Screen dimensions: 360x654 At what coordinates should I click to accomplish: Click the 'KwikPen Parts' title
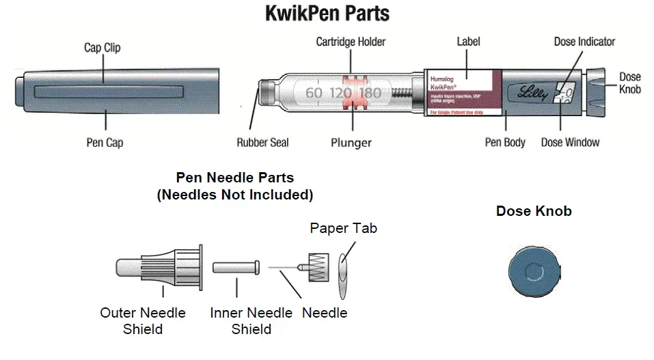(327, 14)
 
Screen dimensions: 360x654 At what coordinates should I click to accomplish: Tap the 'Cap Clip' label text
(105, 47)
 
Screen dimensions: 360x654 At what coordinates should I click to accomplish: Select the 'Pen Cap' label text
(105, 143)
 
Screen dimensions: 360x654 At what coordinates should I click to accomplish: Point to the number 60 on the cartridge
(313, 92)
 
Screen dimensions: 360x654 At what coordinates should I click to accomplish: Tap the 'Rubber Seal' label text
(262, 143)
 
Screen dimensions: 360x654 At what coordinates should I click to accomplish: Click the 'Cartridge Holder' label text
(351, 42)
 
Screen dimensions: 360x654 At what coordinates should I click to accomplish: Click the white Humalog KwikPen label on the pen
(463, 92)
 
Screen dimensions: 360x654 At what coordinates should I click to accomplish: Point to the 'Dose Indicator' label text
(584, 42)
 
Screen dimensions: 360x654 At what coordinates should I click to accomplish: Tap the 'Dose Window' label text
(570, 143)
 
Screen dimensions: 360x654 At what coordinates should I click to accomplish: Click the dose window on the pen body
(564, 92)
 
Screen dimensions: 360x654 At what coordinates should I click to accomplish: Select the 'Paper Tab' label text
(343, 228)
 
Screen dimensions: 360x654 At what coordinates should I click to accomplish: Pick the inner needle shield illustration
(236, 267)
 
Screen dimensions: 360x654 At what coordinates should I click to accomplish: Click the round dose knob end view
(534, 272)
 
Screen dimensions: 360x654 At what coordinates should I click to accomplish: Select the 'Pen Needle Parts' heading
(235, 178)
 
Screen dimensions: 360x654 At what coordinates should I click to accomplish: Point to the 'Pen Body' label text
(505, 143)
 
